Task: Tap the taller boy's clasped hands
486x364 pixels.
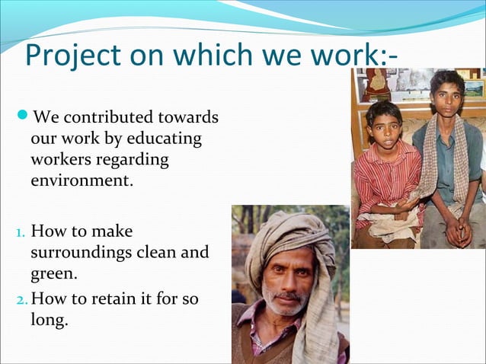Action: pos(458,231)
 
